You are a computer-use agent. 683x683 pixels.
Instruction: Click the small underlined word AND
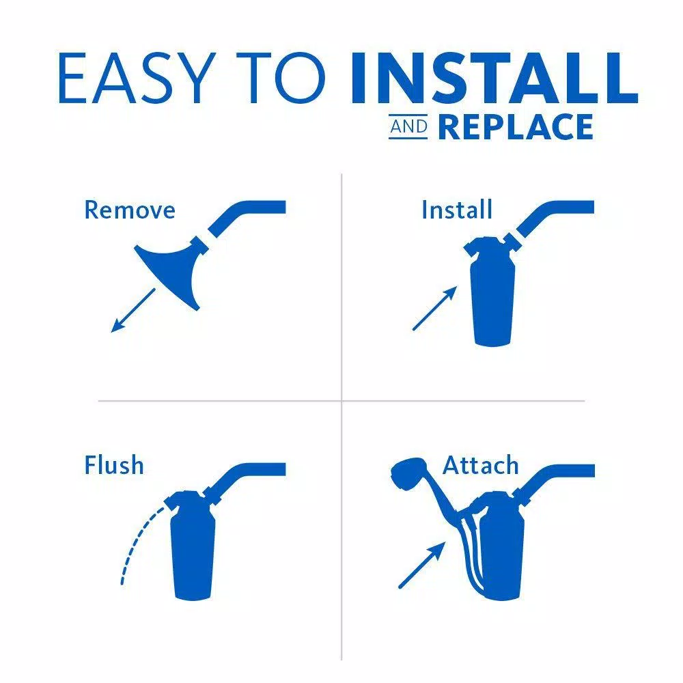pyautogui.click(x=408, y=128)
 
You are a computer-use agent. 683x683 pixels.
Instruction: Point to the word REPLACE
pyautogui.click(x=516, y=128)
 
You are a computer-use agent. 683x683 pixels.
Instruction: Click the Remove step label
pyautogui.click(x=130, y=210)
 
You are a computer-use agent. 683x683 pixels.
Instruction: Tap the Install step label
pyautogui.click(x=456, y=210)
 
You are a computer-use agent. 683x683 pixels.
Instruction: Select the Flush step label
pyautogui.click(x=114, y=466)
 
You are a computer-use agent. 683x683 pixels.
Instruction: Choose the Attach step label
pyautogui.click(x=481, y=466)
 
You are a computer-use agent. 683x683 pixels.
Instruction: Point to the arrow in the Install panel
pyautogui.click(x=434, y=308)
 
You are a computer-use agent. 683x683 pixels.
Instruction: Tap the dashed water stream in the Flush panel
pyautogui.click(x=134, y=540)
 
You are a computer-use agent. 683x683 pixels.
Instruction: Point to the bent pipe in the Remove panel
pyautogui.click(x=246, y=211)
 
